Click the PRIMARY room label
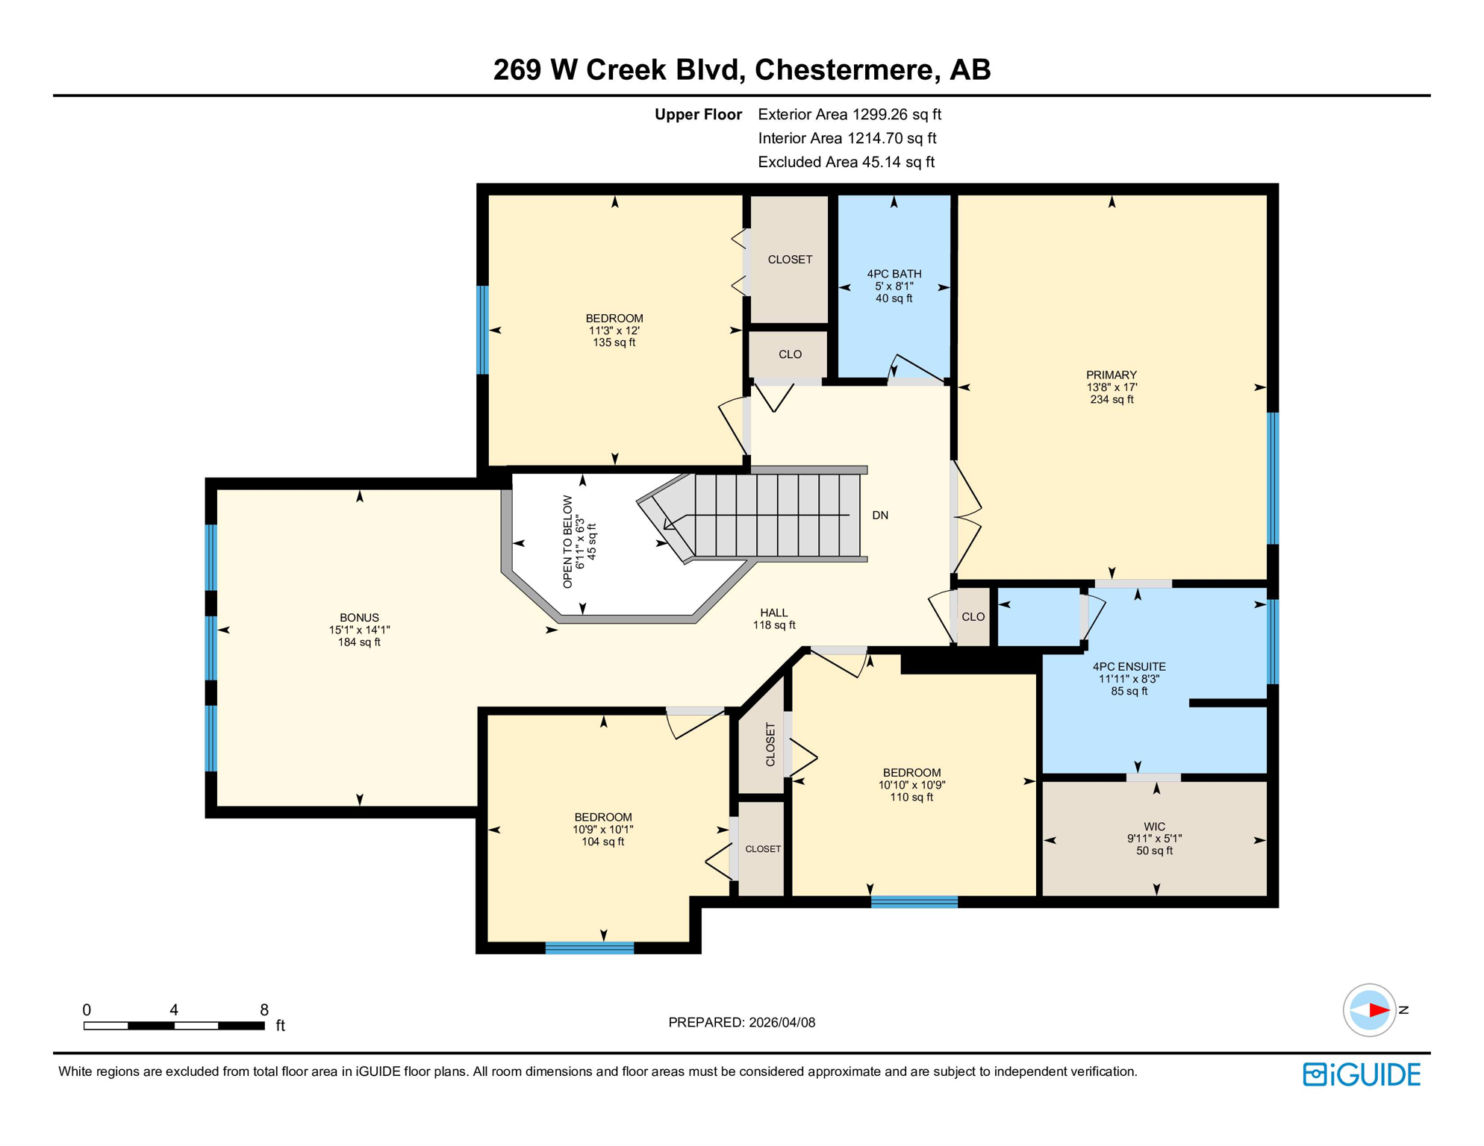point(1111,375)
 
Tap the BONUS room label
point(359,617)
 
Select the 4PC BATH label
point(894,274)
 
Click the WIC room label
point(1154,826)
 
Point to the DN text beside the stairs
point(880,515)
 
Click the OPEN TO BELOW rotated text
point(568,542)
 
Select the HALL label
point(773,613)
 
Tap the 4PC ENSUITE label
point(1129,666)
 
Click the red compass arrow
point(1378,1010)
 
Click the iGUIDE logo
point(1362,1074)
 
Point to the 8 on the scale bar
point(264,1009)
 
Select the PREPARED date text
point(741,1022)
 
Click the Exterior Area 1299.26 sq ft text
point(849,114)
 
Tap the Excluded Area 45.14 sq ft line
point(846,162)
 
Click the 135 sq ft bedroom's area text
point(614,342)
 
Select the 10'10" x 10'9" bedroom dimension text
point(911,785)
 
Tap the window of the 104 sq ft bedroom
point(589,948)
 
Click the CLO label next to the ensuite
point(973,616)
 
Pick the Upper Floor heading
point(698,114)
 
